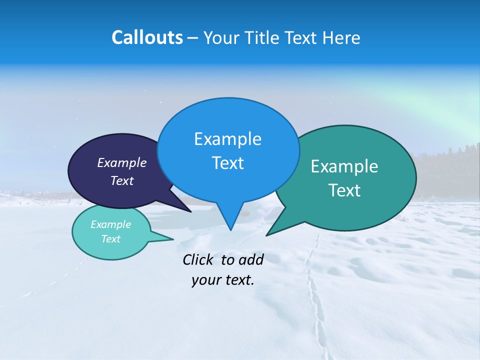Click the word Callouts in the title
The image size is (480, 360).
click(147, 37)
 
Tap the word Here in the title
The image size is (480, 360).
click(341, 38)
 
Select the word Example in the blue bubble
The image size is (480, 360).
click(227, 139)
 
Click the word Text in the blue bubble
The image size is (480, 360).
click(227, 163)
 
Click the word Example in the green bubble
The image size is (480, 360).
click(344, 166)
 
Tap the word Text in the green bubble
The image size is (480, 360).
click(344, 190)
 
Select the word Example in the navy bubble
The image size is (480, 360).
click(122, 163)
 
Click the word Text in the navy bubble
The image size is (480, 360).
click(122, 181)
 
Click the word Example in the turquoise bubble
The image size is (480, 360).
click(110, 224)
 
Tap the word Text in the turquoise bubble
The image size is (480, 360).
click(110, 239)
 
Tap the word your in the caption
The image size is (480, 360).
click(205, 280)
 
